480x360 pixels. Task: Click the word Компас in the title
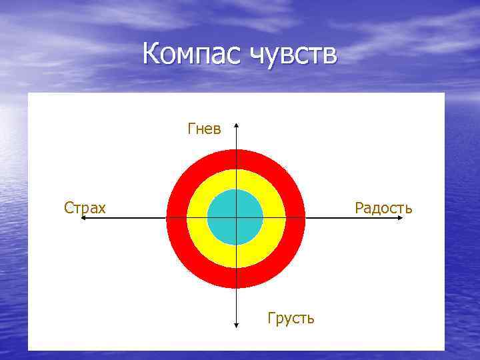click(193, 54)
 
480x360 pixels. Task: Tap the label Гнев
click(204, 129)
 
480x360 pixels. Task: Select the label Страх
click(85, 208)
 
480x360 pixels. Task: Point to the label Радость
click(383, 208)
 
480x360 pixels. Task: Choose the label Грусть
click(291, 318)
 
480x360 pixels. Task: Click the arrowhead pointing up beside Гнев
click(237, 125)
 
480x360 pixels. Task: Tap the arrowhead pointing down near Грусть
click(237, 325)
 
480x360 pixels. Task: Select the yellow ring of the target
click(200, 200)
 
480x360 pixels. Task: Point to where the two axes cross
click(237, 218)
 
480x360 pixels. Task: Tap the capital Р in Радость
click(359, 208)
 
